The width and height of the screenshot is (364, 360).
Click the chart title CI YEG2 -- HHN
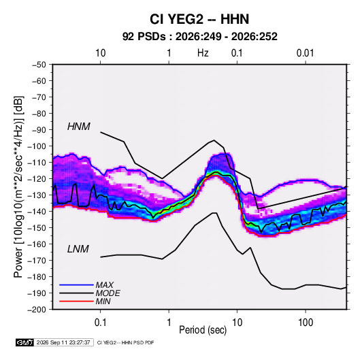(199, 19)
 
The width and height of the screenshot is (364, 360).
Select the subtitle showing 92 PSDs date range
(199, 37)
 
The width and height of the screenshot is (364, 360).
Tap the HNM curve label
(79, 127)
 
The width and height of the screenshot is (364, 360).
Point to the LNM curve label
(78, 249)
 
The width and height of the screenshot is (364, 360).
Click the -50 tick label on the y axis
(39, 65)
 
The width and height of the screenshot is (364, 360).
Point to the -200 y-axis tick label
(37, 310)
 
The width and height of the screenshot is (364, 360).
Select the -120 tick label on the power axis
(37, 179)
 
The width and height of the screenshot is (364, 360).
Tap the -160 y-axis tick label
(37, 244)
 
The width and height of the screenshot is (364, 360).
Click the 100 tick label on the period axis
(305, 323)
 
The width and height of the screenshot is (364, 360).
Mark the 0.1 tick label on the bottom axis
(100, 323)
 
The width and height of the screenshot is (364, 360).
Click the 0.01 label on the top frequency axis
(305, 53)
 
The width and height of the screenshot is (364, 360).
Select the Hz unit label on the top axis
(203, 53)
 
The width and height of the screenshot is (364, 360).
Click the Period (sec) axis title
(203, 330)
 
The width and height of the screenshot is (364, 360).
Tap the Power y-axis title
(18, 187)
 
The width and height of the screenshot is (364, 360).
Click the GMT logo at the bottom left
(24, 342)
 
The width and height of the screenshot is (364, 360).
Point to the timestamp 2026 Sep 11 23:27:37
(63, 342)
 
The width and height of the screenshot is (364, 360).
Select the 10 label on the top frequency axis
(101, 53)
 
